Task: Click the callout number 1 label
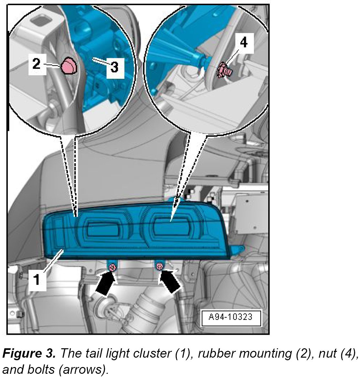click(x=37, y=279)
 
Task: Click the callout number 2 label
click(x=37, y=64)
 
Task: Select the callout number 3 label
click(x=115, y=68)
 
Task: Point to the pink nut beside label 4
click(x=224, y=70)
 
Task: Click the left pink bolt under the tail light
click(x=112, y=267)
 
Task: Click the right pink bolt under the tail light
click(x=159, y=266)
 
